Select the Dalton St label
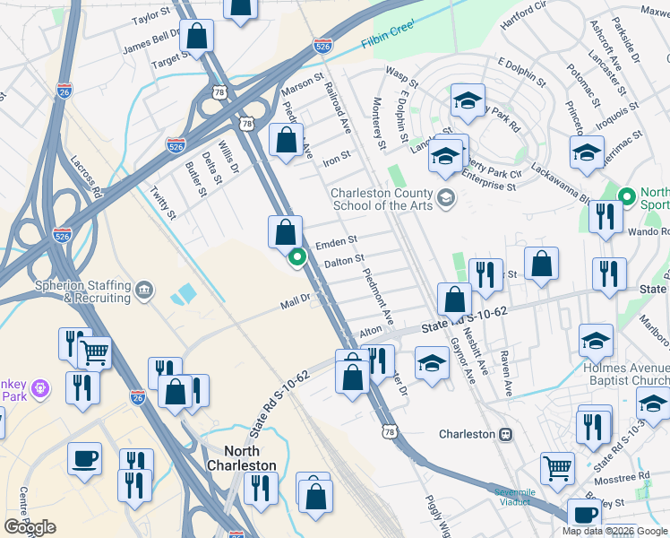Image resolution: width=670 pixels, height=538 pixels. [x=344, y=261]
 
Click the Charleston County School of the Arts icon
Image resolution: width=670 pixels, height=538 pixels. [x=446, y=197]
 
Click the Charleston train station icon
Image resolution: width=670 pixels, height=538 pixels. [x=505, y=434]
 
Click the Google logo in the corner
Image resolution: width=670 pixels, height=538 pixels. [x=30, y=527]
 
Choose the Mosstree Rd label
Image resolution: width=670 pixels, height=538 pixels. [x=620, y=478]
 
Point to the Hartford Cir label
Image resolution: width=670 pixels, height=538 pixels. [x=523, y=16]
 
